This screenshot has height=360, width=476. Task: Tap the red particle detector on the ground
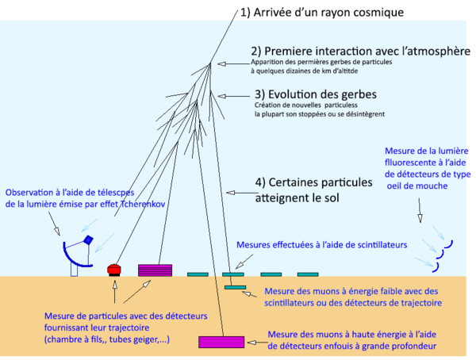tap(113, 269)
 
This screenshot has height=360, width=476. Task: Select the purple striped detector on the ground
tap(155, 270)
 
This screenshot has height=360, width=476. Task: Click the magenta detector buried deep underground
tap(221, 342)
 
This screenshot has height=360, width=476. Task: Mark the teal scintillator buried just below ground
tap(235, 287)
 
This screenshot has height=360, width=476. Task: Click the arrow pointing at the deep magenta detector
tap(255, 343)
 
